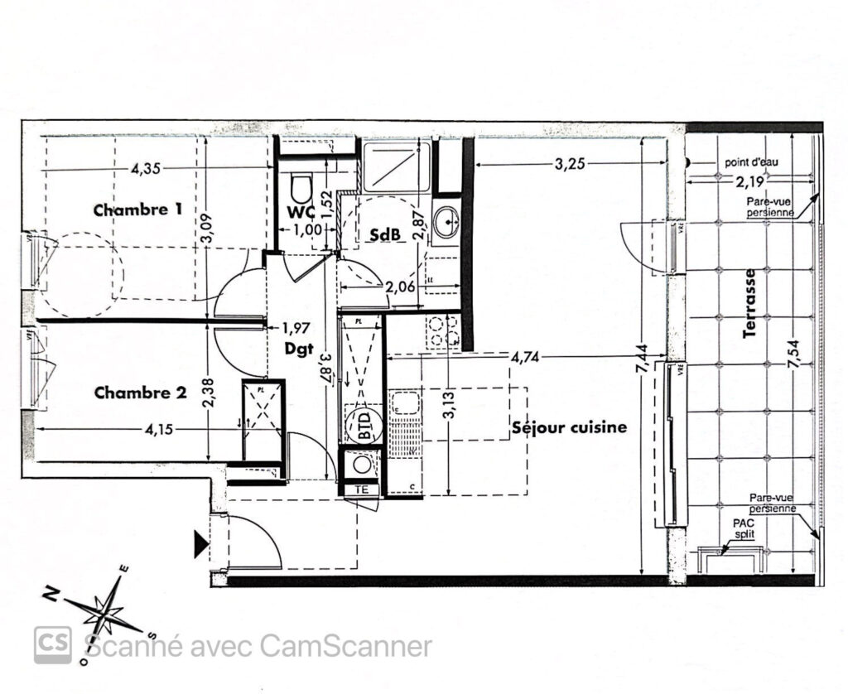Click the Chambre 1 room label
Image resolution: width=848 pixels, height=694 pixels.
137,210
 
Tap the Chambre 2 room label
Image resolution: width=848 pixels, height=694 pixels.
139,393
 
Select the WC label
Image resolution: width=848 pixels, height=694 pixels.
298,212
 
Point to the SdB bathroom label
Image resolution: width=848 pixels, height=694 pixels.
386,235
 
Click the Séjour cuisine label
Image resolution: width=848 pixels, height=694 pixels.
569,428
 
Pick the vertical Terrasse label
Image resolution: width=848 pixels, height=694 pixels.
750,303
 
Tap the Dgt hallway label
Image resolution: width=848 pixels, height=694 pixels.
299,349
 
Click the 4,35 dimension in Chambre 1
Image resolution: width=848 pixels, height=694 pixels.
146,169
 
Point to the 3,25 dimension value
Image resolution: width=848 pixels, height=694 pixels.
570,164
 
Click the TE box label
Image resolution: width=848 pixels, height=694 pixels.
361,489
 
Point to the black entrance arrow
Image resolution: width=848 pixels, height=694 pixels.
201,544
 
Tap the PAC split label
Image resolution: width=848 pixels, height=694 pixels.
744,530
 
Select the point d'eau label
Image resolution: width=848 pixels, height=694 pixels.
751,163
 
